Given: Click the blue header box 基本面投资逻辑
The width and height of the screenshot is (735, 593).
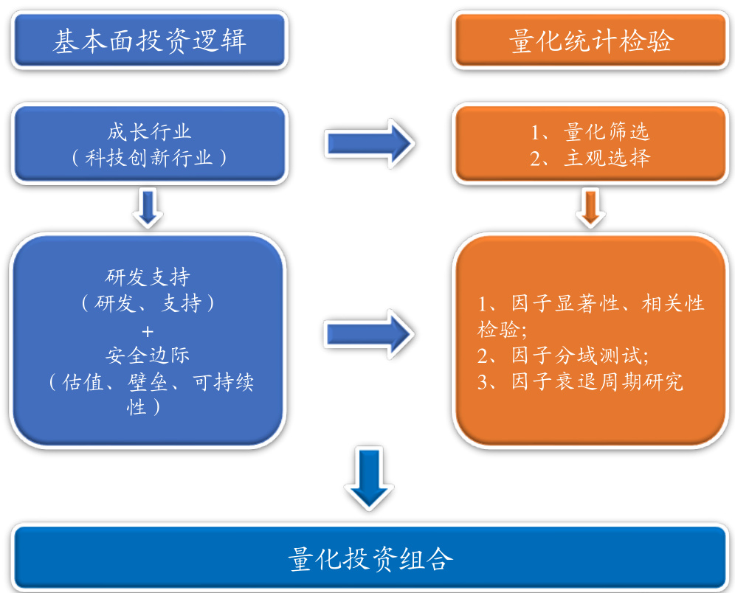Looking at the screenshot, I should [x=148, y=41].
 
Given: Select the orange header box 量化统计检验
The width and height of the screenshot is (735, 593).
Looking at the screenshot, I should [x=590, y=41].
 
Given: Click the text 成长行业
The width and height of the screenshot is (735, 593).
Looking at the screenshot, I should [x=149, y=132].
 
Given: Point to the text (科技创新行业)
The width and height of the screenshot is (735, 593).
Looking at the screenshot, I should [x=149, y=158].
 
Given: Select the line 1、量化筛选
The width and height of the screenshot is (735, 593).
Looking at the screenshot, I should [x=590, y=133].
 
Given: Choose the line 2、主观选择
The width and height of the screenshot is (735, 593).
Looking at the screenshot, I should [x=590, y=158].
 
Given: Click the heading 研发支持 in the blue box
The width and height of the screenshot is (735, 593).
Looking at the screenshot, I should [x=148, y=277].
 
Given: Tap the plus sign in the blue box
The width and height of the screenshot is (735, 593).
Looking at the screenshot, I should [x=148, y=329].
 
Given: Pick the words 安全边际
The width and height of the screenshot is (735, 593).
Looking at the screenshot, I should [x=148, y=355].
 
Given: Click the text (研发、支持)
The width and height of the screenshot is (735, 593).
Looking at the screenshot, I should [x=148, y=303].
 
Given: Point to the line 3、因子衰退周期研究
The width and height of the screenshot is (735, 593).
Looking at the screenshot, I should [x=579, y=381].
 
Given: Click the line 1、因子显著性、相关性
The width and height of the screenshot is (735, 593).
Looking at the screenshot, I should [x=590, y=303].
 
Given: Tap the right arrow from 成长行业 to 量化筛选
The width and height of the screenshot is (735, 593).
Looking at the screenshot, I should [x=370, y=144].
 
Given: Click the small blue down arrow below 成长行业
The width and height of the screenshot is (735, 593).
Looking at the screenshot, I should [x=149, y=208].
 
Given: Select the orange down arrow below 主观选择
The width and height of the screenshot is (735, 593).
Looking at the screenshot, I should [x=590, y=208].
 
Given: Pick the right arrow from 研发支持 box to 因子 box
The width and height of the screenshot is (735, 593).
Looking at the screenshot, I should [x=370, y=333].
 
